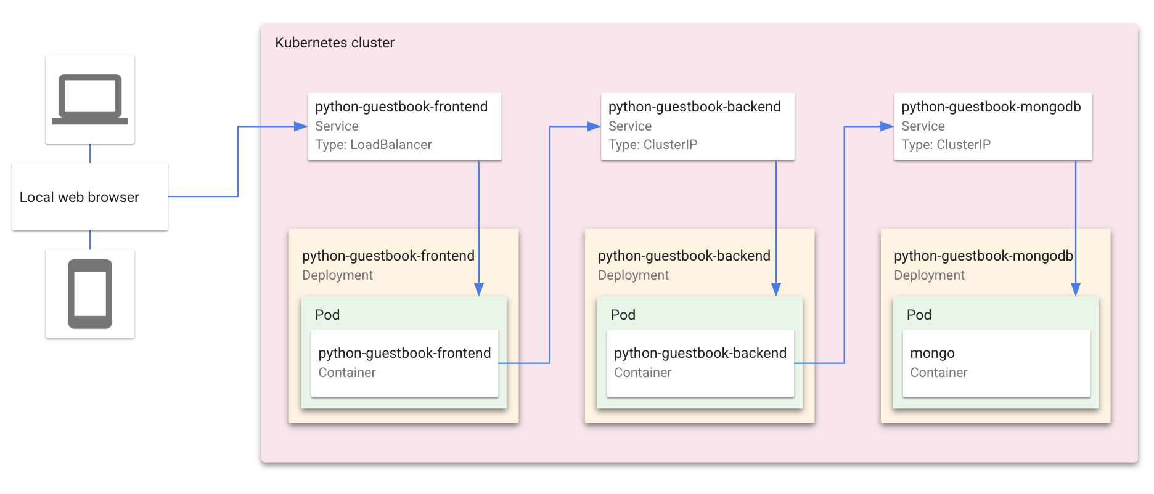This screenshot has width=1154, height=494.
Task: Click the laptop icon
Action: pyautogui.click(x=90, y=99)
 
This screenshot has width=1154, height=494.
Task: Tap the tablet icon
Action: pyautogui.click(x=90, y=294)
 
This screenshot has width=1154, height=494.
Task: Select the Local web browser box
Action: pyautogui.click(x=90, y=197)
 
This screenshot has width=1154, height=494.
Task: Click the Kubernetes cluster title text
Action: pyautogui.click(x=334, y=43)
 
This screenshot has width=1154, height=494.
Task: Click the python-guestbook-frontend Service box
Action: pyautogui.click(x=404, y=126)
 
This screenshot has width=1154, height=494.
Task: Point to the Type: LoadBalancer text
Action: pyautogui.click(x=373, y=145)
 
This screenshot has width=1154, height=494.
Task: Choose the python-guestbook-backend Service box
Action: pyautogui.click(x=697, y=126)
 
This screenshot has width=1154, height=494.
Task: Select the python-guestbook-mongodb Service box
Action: pyautogui.click(x=992, y=126)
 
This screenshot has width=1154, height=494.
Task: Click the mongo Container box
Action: pyautogui.click(x=996, y=363)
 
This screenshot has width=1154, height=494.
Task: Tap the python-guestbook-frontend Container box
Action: pyautogui.click(x=404, y=363)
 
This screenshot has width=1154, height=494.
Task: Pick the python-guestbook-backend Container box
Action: pyautogui.click(x=700, y=363)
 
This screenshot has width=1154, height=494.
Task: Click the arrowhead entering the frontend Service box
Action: pyautogui.click(x=301, y=126)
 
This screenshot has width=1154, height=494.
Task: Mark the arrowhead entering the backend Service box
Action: pyautogui.click(x=594, y=126)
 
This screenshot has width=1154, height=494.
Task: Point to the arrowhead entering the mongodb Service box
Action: pyautogui.click(x=887, y=126)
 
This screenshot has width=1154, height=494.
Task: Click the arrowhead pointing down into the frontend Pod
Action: pyautogui.click(x=479, y=290)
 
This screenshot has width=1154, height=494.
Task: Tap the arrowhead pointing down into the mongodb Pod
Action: pyautogui.click(x=1076, y=290)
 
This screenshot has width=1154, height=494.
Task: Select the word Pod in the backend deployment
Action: pyautogui.click(x=623, y=315)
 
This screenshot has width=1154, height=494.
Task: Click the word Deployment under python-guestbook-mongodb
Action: pyautogui.click(x=929, y=275)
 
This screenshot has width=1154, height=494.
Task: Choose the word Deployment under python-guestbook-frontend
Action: pyautogui.click(x=337, y=275)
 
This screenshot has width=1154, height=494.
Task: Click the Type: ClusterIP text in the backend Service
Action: pyautogui.click(x=653, y=145)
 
